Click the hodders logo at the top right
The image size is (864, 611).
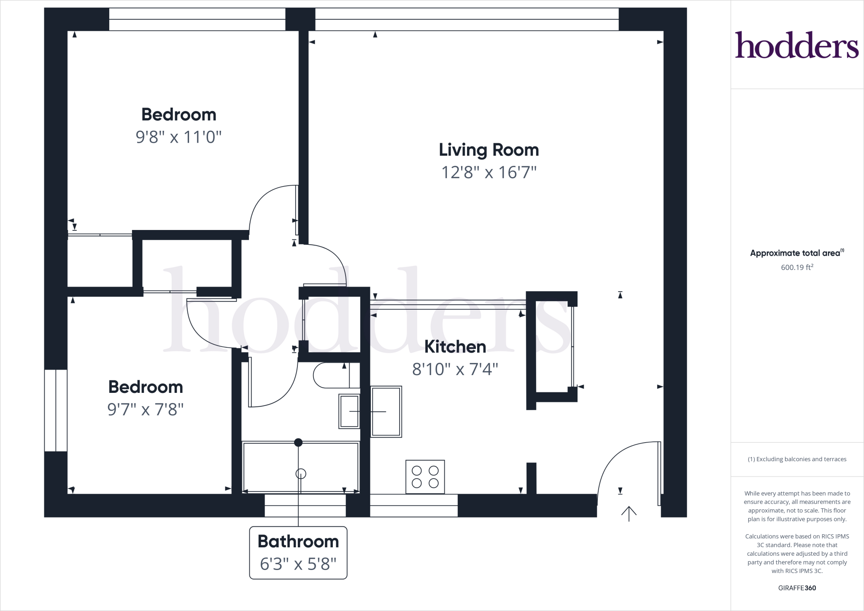tap(796, 45)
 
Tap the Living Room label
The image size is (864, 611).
tap(489, 150)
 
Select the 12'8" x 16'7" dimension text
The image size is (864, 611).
tap(489, 173)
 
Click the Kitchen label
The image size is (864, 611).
tap(455, 347)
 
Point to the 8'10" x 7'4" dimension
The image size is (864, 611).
tap(455, 370)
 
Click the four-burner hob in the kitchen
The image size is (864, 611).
tap(425, 477)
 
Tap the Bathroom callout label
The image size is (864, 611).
tap(298, 541)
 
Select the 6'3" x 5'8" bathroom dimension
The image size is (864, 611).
tap(298, 564)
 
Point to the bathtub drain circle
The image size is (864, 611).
tap(301, 474)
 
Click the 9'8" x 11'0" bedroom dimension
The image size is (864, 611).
tap(178, 137)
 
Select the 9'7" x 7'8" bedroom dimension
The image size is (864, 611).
tap(146, 409)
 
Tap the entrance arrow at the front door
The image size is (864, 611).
tap(629, 514)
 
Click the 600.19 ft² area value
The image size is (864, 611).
tap(797, 267)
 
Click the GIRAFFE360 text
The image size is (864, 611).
tap(797, 588)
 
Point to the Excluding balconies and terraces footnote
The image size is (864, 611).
tap(797, 459)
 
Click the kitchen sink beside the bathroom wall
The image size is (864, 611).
tap(386, 411)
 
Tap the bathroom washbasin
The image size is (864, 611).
tap(349, 411)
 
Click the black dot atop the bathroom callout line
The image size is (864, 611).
tap(298, 443)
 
